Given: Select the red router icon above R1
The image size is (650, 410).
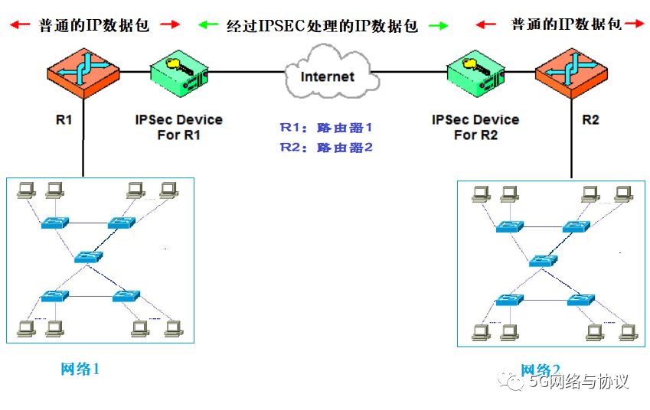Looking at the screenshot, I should tap(83, 70).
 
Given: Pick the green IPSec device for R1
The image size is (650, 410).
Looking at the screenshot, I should tap(178, 73).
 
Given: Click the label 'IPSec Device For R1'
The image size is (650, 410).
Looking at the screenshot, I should tap(178, 127).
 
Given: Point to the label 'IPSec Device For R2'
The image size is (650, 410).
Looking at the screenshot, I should tap(475, 127).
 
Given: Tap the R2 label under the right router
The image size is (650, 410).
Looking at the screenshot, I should tap(590, 120).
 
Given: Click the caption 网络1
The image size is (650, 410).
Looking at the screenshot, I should tap(80, 369).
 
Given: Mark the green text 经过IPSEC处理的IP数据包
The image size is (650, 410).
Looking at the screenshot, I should tap(322, 26).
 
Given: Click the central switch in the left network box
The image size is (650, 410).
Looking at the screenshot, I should tap(90, 257).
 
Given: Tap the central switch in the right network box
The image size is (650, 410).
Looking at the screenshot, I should tap(541, 260).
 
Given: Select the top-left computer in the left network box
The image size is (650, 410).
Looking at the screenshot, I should tap(26, 189).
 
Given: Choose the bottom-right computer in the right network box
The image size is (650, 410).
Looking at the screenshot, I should tap(628, 332).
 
